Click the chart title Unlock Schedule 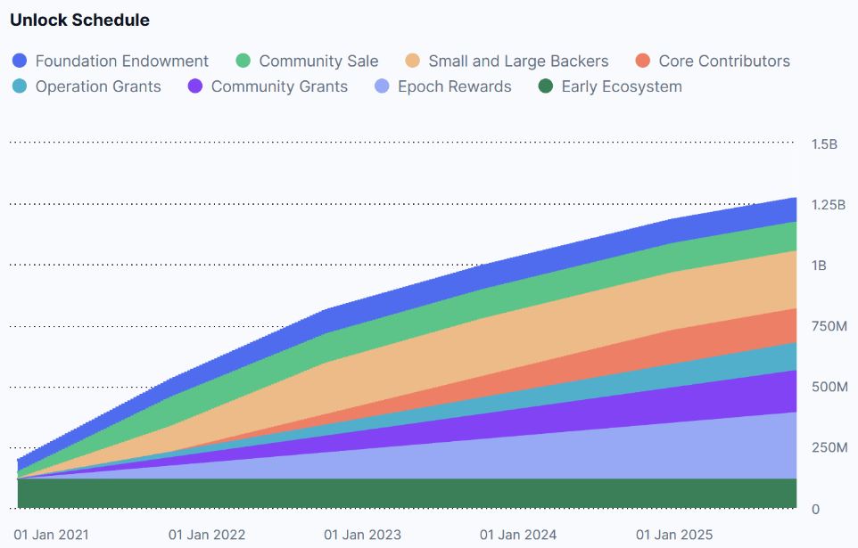point(80,20)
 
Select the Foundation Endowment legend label point(122,61)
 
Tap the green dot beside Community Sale point(243,61)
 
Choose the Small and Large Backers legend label point(518,61)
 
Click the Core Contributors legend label point(724,61)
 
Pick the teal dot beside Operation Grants point(19,86)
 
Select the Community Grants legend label point(280,86)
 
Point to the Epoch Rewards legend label point(455,86)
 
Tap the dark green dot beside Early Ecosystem point(546,86)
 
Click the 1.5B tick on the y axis point(825,144)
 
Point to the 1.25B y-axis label point(829,205)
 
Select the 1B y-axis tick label point(819,266)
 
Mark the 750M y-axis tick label point(829,326)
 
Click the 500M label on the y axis point(829,388)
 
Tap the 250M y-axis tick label point(829,448)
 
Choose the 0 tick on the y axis point(816,509)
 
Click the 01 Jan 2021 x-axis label point(52,535)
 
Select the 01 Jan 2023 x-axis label point(362,535)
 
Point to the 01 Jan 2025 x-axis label point(674,535)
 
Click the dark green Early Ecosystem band point(407,494)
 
